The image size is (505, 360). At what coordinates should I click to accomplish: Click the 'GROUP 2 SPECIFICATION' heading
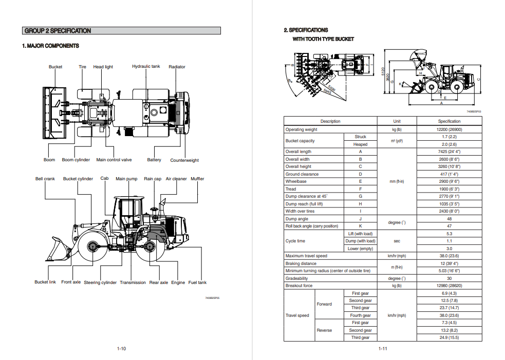(58, 31)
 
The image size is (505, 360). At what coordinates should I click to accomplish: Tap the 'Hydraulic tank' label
(146, 67)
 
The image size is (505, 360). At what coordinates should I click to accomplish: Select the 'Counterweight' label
(184, 160)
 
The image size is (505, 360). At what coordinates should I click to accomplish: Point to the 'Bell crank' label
(45, 179)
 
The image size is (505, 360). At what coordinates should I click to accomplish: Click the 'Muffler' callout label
(197, 179)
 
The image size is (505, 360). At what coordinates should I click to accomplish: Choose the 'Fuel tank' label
(197, 282)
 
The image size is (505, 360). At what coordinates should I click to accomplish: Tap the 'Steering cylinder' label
(100, 282)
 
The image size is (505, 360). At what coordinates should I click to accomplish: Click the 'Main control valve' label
(114, 160)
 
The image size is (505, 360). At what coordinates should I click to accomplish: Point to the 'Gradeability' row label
(297, 278)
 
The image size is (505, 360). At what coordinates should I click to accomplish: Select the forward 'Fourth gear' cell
(360, 315)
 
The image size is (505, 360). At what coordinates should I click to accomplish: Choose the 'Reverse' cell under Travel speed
(324, 330)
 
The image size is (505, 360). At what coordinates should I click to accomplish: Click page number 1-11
(383, 349)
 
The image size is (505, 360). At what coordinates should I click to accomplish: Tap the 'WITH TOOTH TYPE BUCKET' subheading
(323, 39)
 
